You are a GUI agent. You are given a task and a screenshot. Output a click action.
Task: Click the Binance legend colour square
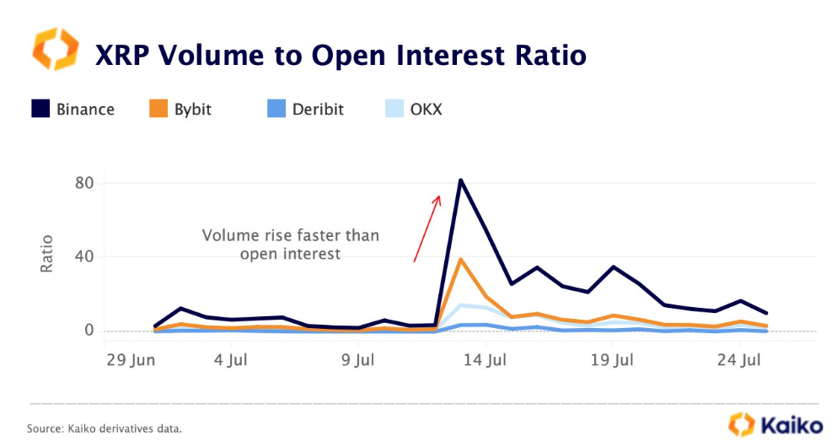click(40, 108)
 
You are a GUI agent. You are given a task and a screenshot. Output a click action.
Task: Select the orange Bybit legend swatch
click(158, 108)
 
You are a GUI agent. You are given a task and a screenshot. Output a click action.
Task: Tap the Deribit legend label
click(318, 110)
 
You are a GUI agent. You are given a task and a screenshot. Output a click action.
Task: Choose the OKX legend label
click(426, 110)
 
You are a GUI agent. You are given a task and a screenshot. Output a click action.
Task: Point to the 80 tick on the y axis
click(84, 183)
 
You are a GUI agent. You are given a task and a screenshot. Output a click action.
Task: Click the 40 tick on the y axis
click(84, 256)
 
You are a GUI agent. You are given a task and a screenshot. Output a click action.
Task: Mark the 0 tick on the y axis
click(89, 331)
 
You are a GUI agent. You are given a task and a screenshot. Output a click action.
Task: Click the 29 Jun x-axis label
click(131, 360)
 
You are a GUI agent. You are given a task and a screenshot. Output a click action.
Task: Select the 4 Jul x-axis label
click(231, 360)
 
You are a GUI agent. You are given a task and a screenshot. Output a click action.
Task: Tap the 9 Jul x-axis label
click(357, 360)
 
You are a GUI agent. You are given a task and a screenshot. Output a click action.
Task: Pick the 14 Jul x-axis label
click(485, 360)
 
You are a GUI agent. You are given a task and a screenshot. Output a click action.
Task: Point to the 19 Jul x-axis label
click(612, 360)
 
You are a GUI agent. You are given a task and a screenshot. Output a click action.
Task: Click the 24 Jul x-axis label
click(739, 360)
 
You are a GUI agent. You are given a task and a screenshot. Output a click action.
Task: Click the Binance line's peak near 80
click(460, 180)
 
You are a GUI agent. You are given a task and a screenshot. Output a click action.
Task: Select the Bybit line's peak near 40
click(460, 260)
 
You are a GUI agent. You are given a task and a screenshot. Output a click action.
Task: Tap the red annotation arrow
click(427, 229)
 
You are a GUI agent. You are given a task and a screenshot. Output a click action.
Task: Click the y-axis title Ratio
click(46, 254)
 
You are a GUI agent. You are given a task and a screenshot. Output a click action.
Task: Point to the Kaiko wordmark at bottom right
click(792, 425)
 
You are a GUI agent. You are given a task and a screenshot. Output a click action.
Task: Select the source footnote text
click(105, 428)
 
